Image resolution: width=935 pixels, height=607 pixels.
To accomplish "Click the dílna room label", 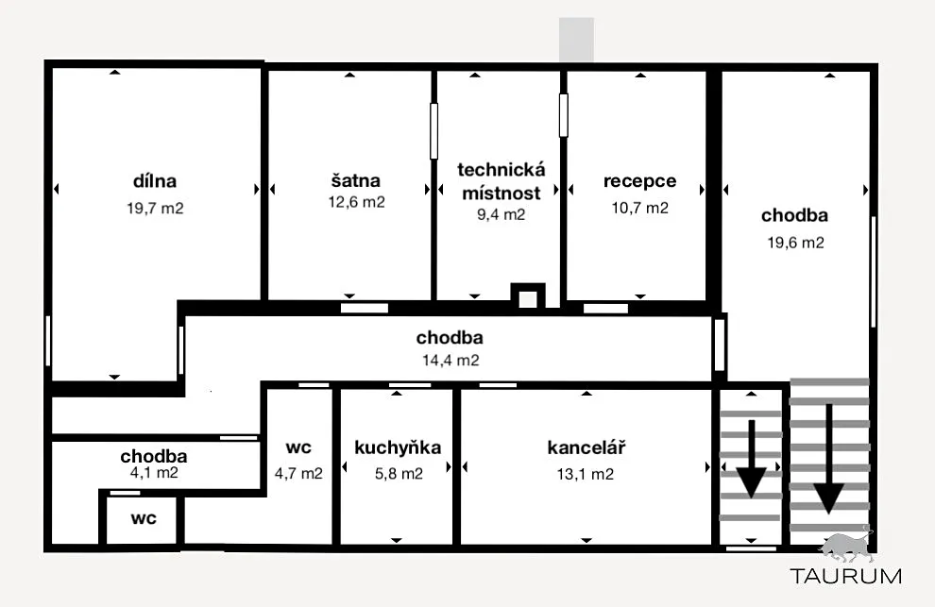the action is point(155,180).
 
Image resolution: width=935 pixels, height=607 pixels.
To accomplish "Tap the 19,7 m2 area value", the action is point(155,208).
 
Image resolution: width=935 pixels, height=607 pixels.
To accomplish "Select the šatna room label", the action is point(355,180).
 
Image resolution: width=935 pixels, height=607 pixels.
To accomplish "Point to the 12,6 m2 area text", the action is point(357,202).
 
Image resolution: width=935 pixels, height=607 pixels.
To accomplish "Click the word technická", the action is point(501,169).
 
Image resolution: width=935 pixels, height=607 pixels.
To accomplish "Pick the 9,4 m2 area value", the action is point(501,214).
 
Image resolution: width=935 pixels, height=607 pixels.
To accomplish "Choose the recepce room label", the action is point(639,181).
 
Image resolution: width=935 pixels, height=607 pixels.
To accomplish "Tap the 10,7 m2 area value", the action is point(639,208).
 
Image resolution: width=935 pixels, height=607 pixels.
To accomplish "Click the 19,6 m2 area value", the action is point(795,243).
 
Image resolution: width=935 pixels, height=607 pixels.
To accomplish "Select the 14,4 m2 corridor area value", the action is point(450,361).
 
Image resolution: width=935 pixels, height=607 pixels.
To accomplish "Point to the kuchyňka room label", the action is point(398,447).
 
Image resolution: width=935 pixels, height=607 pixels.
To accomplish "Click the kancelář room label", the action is point(586,447).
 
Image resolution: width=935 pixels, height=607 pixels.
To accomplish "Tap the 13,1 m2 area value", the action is point(585,474).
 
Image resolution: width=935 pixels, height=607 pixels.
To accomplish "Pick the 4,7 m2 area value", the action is point(298,474).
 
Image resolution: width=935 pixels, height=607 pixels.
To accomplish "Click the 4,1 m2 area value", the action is point(154,472).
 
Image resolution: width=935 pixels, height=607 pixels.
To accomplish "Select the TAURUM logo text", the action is point(846,576).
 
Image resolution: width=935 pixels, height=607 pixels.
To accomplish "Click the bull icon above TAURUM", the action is point(847,547).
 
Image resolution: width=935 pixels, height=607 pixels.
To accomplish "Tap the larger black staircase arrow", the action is point(828,459).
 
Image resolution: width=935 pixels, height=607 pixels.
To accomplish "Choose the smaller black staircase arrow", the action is point(752,458).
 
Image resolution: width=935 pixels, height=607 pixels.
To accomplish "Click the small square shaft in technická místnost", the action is point(528,295).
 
